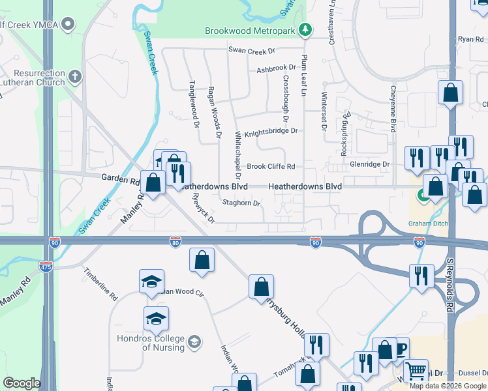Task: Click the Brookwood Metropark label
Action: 251,31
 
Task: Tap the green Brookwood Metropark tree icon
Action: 305,29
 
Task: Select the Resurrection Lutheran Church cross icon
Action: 75,78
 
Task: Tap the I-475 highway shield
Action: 46,267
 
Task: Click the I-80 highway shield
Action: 175,242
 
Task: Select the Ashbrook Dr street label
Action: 277,68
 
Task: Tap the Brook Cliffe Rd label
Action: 271,166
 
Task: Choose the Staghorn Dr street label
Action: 241,203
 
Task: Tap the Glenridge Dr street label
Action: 369,165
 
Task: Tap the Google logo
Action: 22,383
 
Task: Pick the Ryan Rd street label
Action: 470,40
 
